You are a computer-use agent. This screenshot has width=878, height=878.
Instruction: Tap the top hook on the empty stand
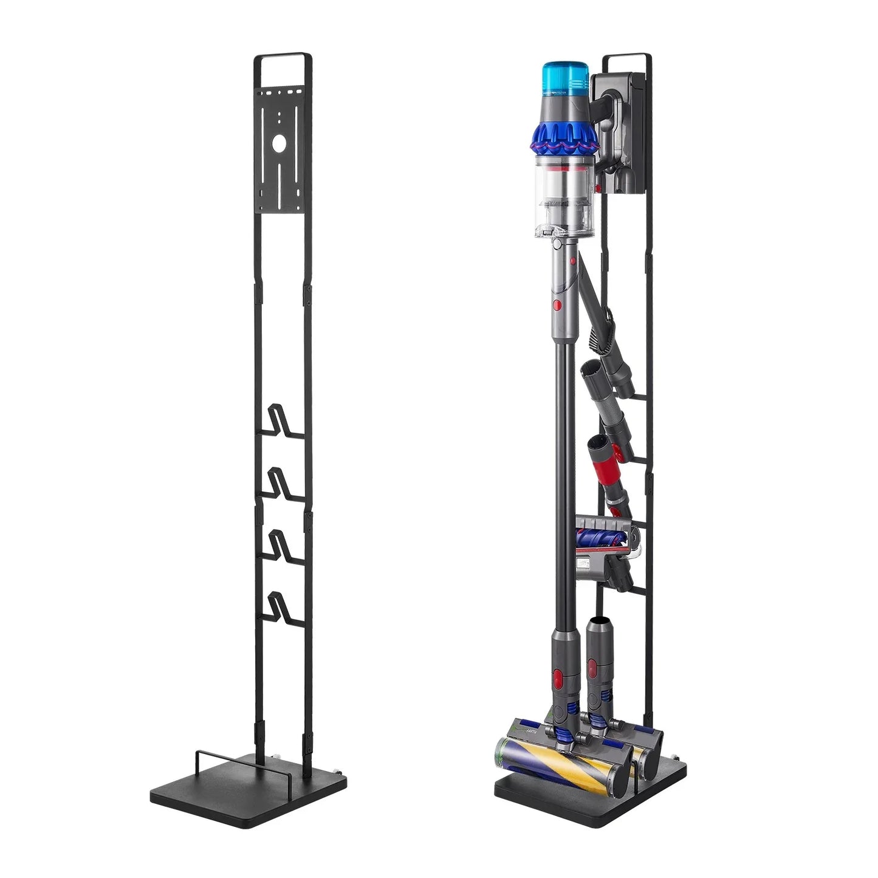click(x=278, y=419)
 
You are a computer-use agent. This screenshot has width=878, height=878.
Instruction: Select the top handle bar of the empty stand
click(x=283, y=55)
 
